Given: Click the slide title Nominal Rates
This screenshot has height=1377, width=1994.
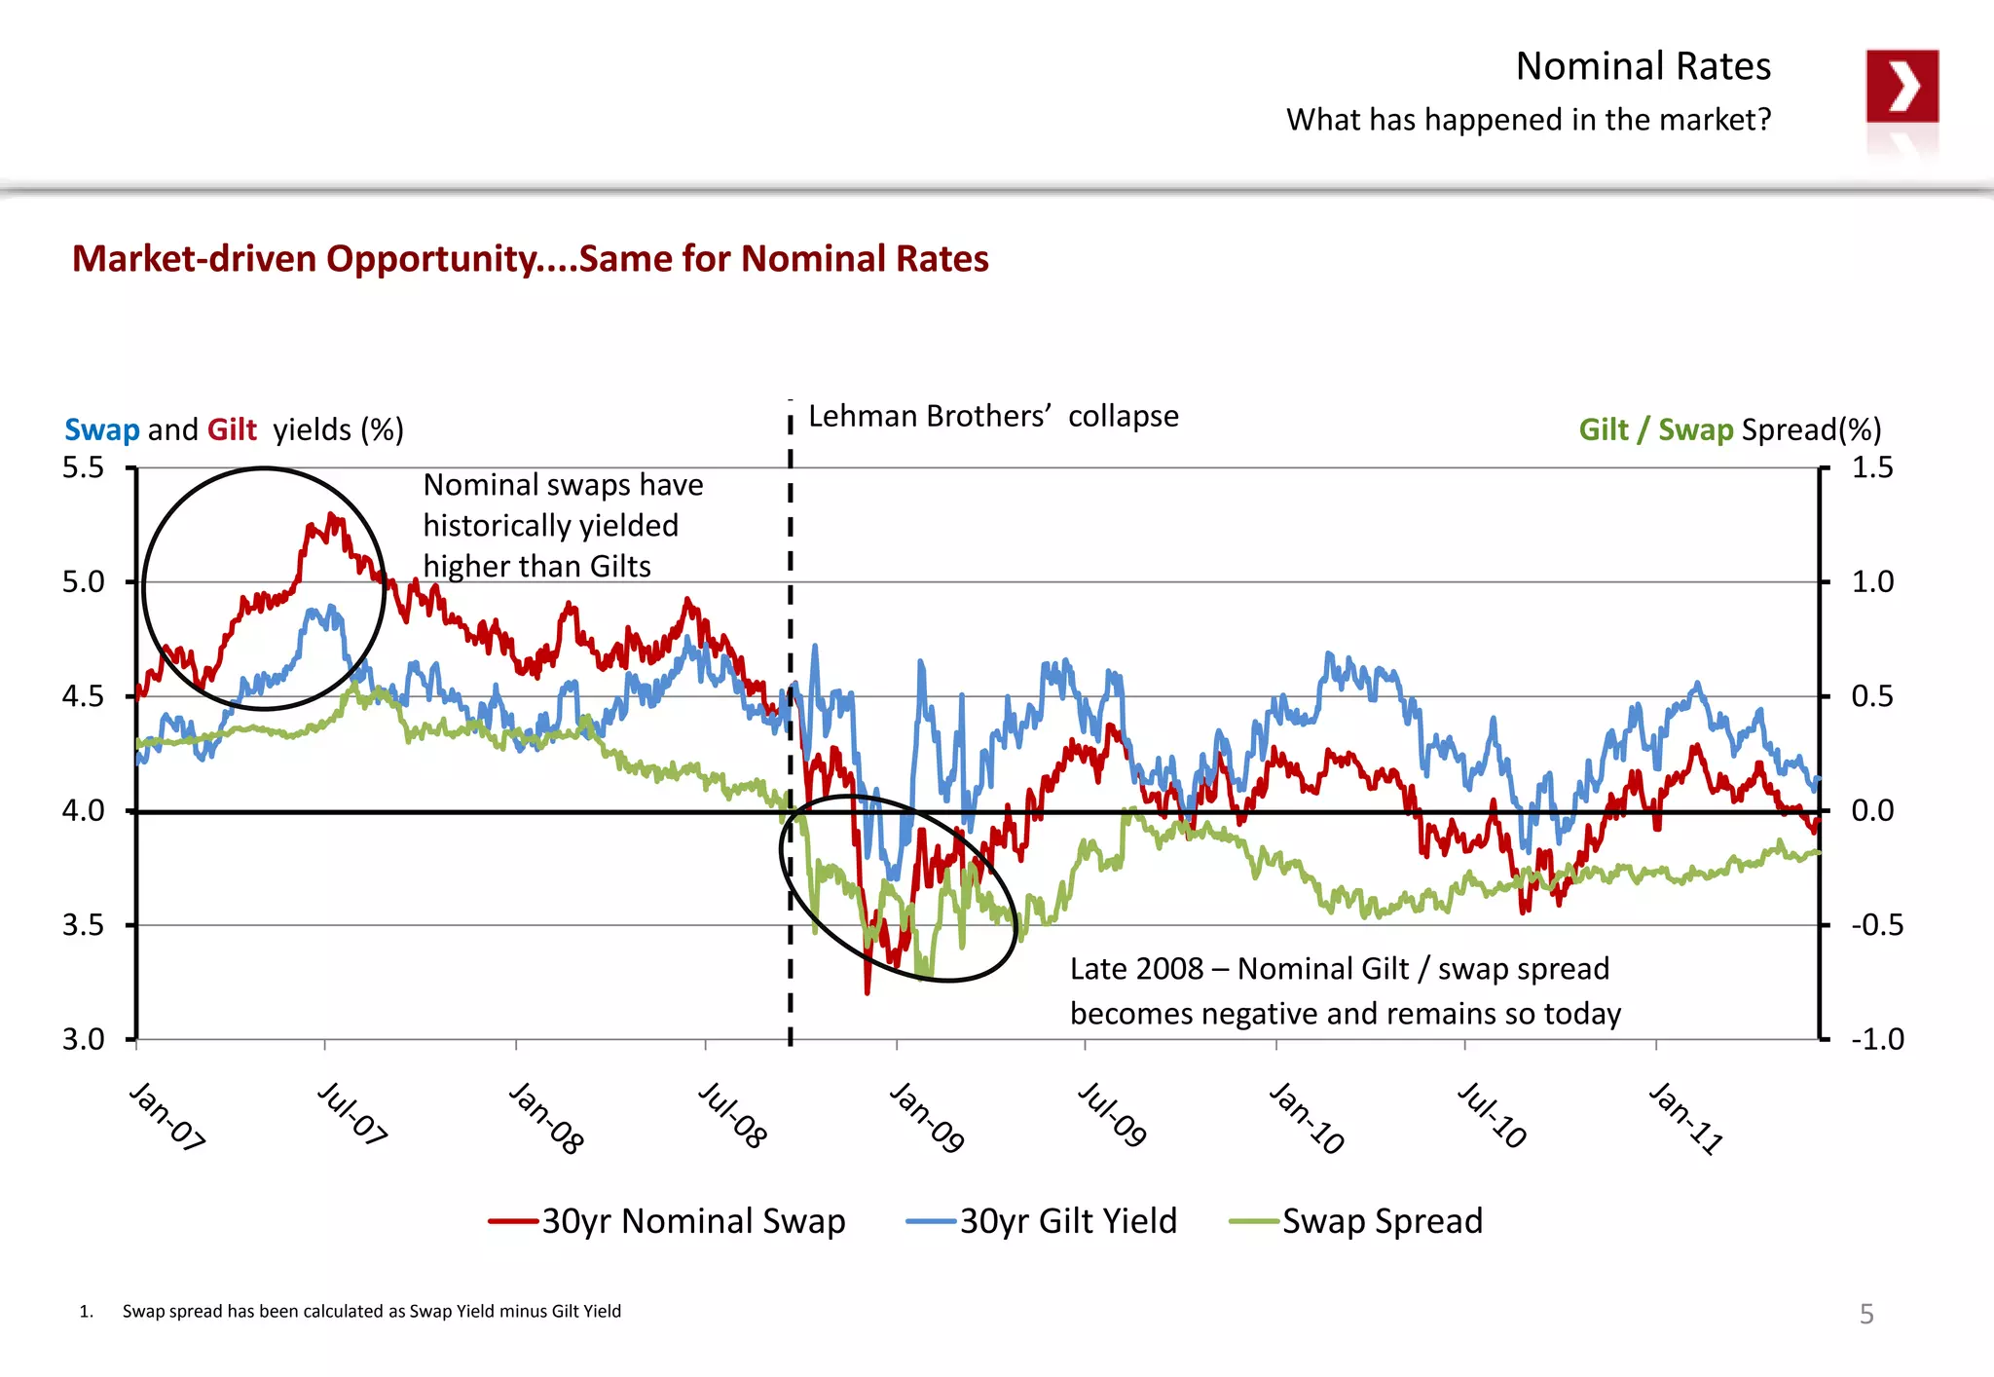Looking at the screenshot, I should tap(1643, 66).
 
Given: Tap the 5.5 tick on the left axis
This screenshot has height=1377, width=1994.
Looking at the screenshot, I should tap(83, 467).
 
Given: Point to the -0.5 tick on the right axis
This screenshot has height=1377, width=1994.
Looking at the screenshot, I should tap(1876, 924).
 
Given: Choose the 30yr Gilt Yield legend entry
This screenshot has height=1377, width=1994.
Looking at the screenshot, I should tap(1067, 1221).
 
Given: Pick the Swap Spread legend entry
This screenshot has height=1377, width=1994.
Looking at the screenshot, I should tap(1382, 1221).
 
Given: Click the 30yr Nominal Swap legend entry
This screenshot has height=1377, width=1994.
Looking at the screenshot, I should tap(692, 1221).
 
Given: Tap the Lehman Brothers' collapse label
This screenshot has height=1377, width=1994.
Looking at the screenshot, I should tap(992, 417).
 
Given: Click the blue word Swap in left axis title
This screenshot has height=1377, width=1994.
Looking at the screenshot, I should tap(101, 429).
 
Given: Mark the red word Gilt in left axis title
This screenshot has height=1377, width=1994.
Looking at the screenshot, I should tap(232, 429).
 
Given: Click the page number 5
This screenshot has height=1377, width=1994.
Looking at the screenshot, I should tap(1865, 1314).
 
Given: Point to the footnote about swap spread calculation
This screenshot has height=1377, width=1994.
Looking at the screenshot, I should tap(371, 1311).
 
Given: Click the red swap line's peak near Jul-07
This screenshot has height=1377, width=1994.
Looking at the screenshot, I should tap(333, 516).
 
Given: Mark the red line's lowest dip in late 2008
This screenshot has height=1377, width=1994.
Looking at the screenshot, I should tap(867, 991).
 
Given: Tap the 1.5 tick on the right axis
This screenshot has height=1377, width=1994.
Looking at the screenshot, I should tap(1871, 467).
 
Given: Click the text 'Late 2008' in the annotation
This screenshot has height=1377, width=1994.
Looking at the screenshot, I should tap(1136, 969).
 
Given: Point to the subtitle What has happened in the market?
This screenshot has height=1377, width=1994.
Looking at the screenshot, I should tap(1528, 120).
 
